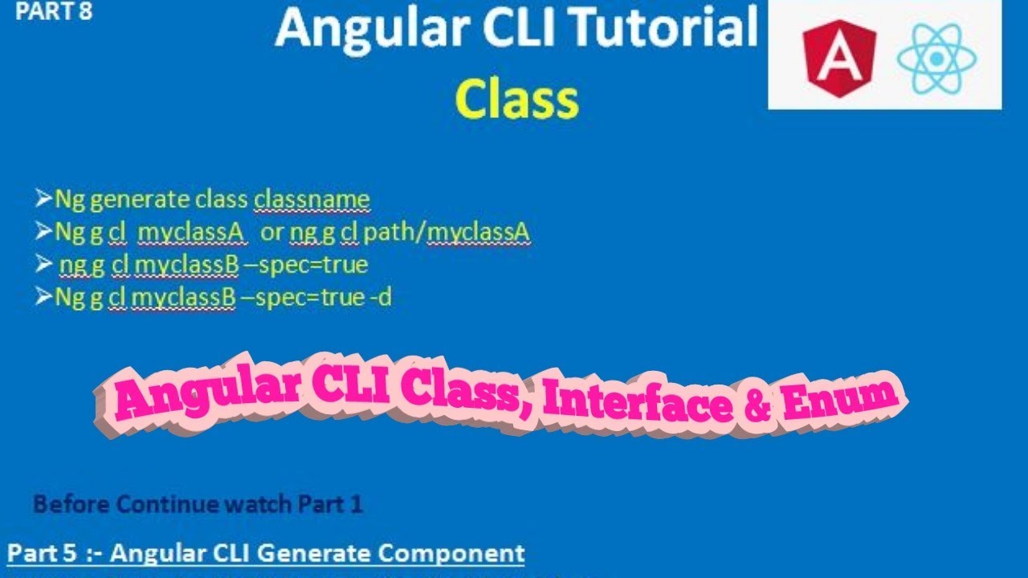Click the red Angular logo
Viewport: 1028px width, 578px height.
pos(841,58)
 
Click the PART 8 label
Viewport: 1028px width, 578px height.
pos(54,12)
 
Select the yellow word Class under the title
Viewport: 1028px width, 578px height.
pos(516,100)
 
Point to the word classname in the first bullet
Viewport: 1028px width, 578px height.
pos(312,199)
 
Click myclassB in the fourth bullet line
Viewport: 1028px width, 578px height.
pos(183,298)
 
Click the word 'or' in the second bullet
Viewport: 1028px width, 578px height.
pos(272,233)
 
